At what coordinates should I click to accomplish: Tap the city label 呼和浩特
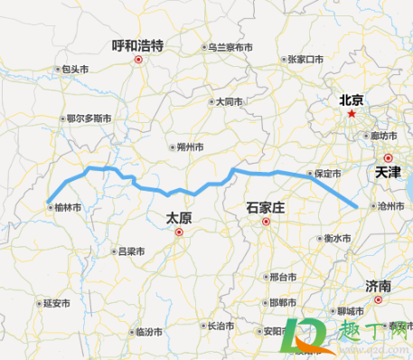[137, 43]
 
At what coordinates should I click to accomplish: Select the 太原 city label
[179, 217]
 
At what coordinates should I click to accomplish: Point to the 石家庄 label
[265, 208]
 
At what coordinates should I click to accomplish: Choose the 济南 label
[379, 286]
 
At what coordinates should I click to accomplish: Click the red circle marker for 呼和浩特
[137, 60]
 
